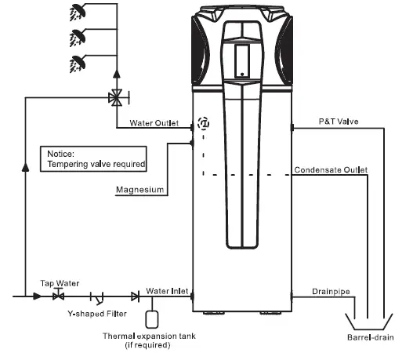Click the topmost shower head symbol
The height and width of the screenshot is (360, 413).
(79, 11)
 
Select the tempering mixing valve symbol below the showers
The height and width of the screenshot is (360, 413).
(117, 98)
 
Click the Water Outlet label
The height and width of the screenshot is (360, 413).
(154, 124)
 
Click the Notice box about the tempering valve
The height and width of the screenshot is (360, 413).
(95, 158)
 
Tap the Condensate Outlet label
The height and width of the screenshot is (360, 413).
(331, 170)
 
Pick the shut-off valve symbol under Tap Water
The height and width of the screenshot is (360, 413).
(58, 296)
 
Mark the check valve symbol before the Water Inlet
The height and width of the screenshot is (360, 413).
(135, 296)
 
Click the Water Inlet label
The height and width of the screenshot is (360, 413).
(167, 291)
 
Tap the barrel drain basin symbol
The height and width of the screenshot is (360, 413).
(368, 323)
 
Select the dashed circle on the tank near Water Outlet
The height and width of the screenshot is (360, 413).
(204, 123)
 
